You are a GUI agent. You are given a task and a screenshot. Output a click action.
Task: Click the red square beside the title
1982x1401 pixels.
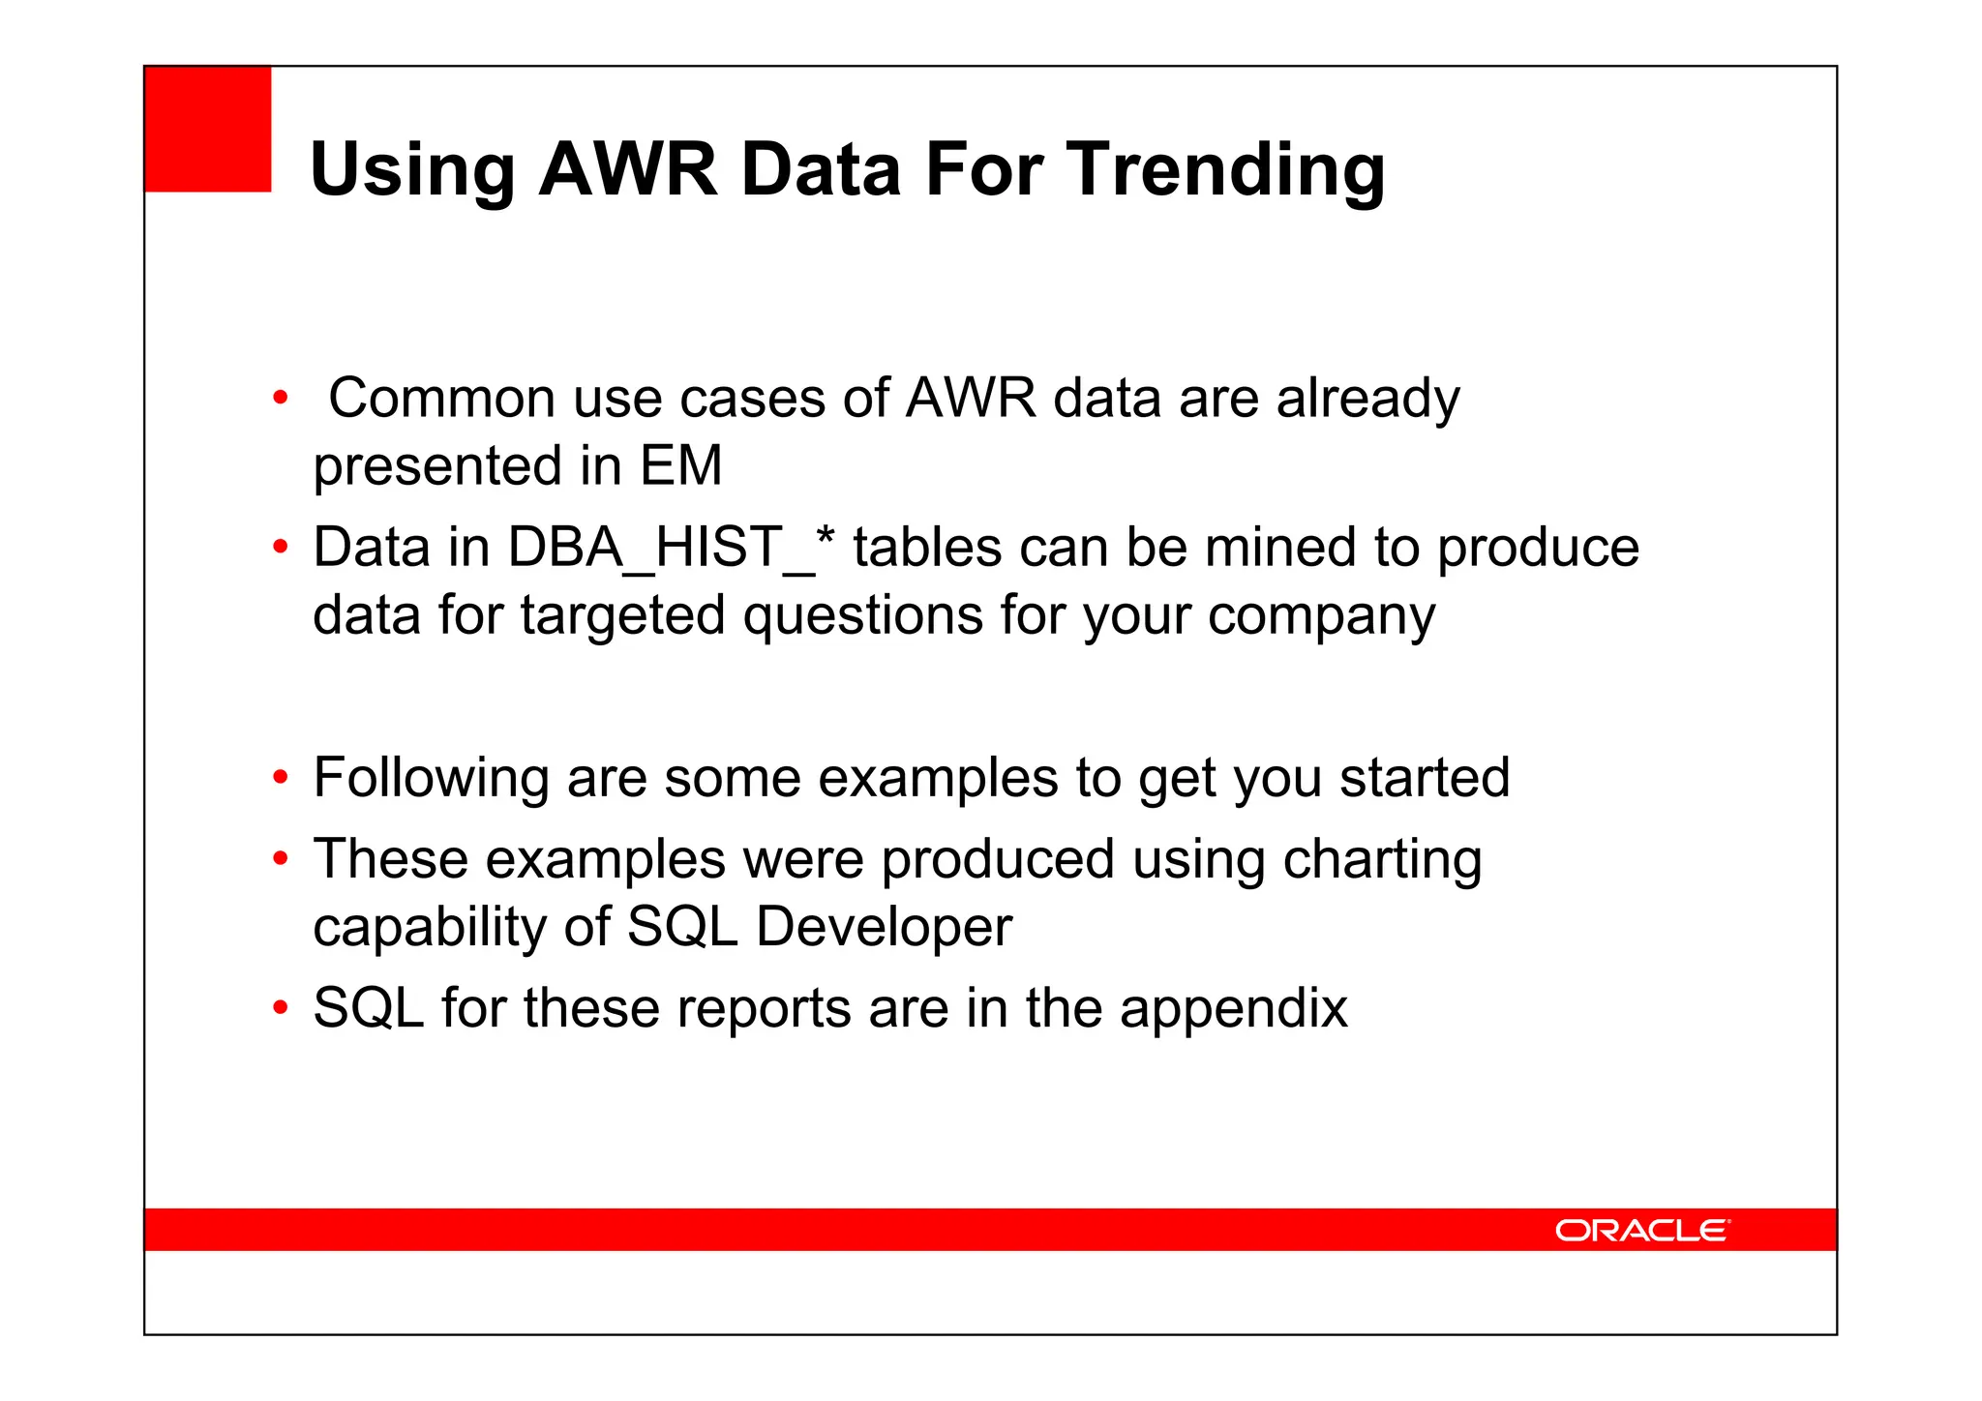pos(208,129)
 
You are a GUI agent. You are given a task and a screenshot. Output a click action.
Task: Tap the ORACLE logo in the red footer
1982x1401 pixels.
pos(1641,1230)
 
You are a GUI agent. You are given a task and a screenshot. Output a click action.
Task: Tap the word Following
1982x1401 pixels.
pos(432,778)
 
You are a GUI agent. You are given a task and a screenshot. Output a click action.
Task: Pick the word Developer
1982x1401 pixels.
pos(884,927)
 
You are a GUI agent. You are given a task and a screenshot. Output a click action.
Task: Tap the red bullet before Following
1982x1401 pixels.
pos(281,778)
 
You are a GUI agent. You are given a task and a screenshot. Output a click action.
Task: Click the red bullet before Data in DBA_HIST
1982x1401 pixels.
pos(281,548)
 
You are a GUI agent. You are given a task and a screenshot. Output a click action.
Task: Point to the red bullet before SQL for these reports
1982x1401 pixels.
pos(281,1008)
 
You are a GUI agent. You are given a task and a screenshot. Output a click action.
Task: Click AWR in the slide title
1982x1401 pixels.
pos(627,170)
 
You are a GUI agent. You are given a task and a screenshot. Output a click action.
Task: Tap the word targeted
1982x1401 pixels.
pos(622,616)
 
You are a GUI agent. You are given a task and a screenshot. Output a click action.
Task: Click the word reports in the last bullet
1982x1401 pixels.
pos(764,1008)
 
